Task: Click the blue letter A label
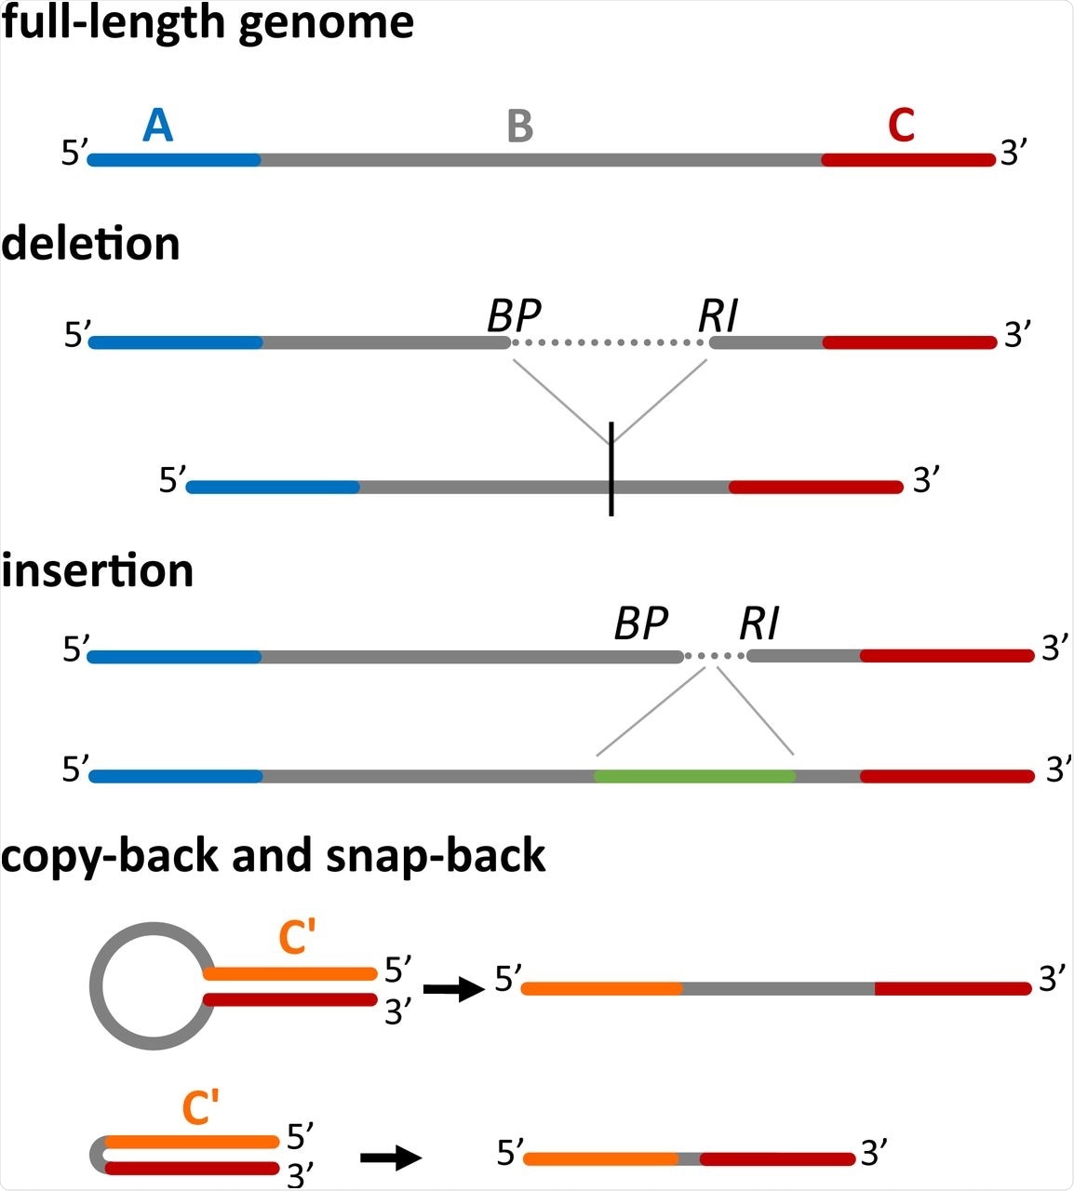tap(158, 125)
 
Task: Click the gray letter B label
tap(520, 126)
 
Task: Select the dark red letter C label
tap(901, 126)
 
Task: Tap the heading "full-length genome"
tap(208, 22)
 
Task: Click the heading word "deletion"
tap(90, 244)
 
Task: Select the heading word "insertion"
tap(97, 569)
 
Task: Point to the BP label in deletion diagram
tap(514, 316)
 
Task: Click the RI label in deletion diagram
tap(718, 316)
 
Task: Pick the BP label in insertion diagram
tap(640, 623)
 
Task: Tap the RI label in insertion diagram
tap(759, 623)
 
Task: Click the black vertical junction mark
tap(611, 468)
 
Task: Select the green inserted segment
tap(694, 775)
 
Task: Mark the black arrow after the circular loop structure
tap(454, 989)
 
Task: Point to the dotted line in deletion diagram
tap(610, 342)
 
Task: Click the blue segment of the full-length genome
tap(175, 160)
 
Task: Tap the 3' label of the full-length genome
tap(1013, 153)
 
